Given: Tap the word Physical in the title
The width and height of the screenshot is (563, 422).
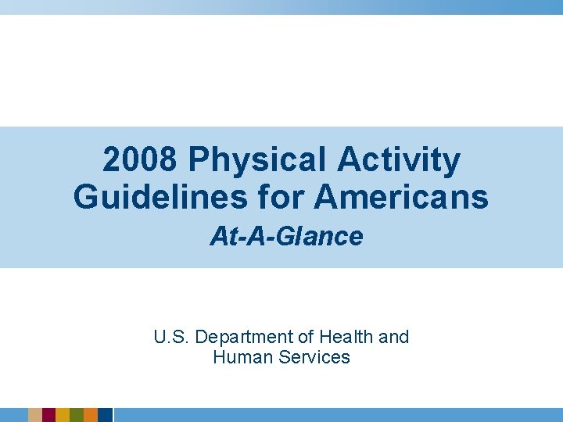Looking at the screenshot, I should click(x=256, y=161).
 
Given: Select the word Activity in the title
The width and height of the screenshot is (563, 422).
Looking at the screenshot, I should click(x=400, y=161).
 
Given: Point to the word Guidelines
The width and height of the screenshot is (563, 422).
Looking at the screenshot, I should click(x=152, y=196).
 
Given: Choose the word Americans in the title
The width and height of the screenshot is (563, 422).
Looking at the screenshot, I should click(x=402, y=196).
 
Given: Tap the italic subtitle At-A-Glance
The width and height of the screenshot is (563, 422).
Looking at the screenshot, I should click(x=286, y=237).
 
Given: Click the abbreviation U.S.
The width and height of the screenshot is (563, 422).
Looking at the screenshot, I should click(x=171, y=337).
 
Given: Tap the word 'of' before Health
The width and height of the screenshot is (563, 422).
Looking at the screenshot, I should click(x=305, y=337).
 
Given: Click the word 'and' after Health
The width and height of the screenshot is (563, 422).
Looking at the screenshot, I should click(x=393, y=337).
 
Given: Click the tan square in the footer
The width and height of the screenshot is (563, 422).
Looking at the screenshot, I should click(x=34, y=415).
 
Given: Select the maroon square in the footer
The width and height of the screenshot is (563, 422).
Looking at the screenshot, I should click(x=48, y=415).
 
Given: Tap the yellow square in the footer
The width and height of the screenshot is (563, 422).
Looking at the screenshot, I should click(x=63, y=415).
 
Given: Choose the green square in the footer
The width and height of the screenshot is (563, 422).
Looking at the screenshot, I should click(x=77, y=415).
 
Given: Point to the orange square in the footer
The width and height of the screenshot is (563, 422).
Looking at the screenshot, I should click(x=91, y=415).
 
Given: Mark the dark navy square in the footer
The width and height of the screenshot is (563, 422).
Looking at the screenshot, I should click(x=105, y=415).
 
